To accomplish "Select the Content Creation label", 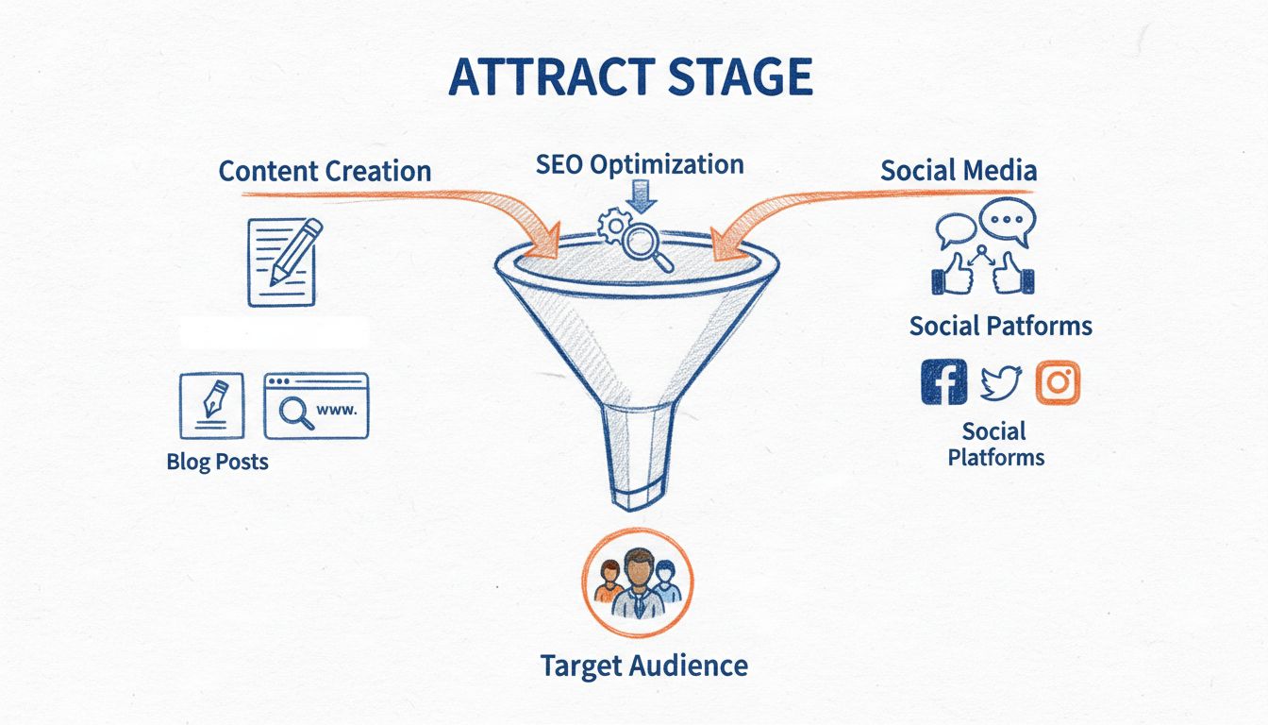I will point(325,171).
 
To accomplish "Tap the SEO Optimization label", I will point(640,164).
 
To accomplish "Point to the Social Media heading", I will point(959,170).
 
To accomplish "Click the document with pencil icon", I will point(282,261).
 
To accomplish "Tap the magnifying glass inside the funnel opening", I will point(646,244).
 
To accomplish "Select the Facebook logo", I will point(943,382).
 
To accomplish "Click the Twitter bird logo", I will point(1000,382).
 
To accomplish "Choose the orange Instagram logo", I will point(1058,382).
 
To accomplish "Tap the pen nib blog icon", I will point(211,405).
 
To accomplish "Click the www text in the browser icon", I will point(338,411).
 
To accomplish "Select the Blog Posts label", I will point(217,462).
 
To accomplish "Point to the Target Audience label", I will point(643,666).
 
